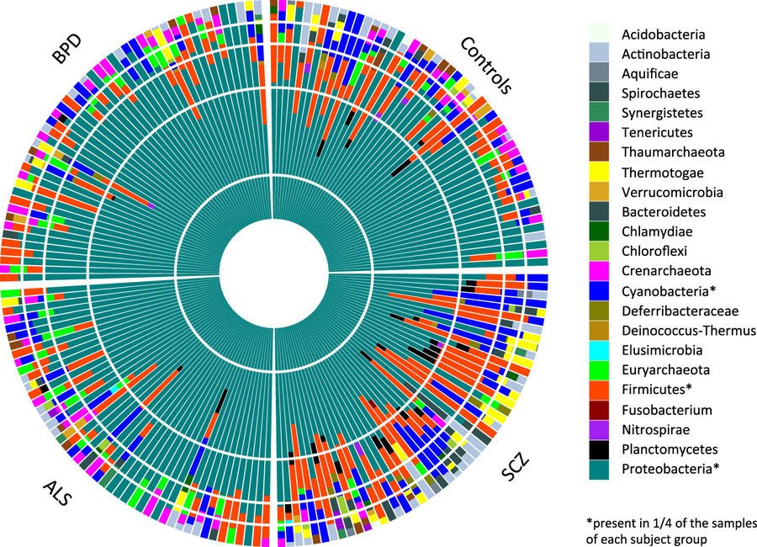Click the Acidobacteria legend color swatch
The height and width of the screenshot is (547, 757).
[599, 35]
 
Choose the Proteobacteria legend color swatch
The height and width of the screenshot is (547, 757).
[599, 470]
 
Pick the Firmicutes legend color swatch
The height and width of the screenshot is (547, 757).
[599, 390]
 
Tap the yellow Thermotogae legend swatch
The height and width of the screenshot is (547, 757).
[599, 173]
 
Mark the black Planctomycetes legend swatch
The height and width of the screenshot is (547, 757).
[599, 449]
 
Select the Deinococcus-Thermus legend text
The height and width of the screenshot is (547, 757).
[676, 331]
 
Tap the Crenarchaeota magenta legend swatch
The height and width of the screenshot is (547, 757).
[599, 272]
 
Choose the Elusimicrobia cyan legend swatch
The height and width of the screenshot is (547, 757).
[599, 351]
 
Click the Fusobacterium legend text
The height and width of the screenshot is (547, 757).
[667, 410]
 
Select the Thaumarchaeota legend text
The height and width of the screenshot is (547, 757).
[670, 153]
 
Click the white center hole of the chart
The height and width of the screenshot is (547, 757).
[273, 272]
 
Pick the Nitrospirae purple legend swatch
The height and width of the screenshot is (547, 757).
[599, 430]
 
